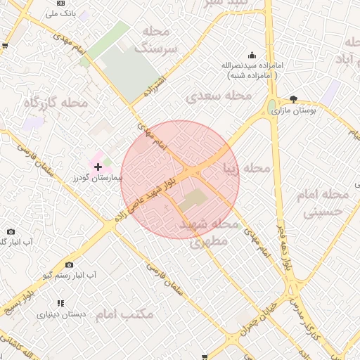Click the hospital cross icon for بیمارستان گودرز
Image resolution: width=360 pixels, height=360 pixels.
tap(97, 167)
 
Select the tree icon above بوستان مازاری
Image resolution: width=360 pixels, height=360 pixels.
tap(293, 99)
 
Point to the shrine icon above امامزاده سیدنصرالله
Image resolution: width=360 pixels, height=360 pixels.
tap(252, 56)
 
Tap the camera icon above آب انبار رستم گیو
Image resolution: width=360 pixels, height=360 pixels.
tap(69, 264)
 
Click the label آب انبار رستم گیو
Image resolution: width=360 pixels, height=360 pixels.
tap(70, 275)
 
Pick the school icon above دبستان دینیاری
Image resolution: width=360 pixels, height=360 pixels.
tap(60, 304)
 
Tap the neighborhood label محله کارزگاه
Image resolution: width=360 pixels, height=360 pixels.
tap(56, 103)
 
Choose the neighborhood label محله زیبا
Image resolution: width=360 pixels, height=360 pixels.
tap(246, 169)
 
